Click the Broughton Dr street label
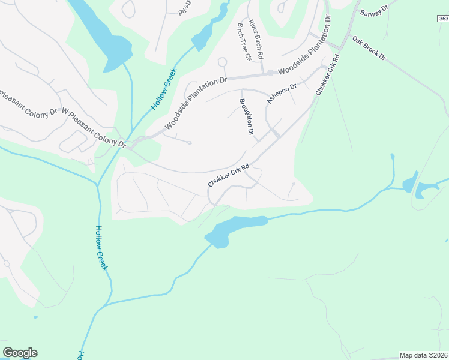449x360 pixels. point(247,116)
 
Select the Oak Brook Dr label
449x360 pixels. point(369,49)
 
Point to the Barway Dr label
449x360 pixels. point(374,13)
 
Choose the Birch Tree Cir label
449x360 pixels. point(244,43)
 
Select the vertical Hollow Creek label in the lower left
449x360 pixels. point(101,247)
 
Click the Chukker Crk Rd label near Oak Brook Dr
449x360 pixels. point(328,75)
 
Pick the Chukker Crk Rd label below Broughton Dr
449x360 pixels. point(228,175)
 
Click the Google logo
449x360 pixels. point(20,353)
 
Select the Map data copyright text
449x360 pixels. point(424,355)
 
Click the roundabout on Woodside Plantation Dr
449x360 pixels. point(271,73)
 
